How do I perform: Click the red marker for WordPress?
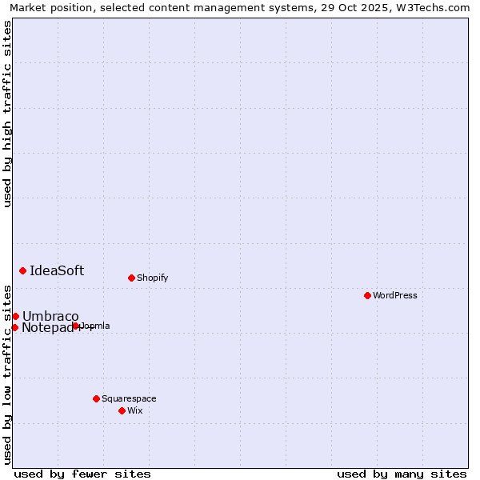click(367, 295)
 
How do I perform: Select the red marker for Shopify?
click(131, 278)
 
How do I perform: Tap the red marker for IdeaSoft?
click(22, 270)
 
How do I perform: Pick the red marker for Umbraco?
click(15, 316)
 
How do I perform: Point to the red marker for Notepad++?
click(14, 327)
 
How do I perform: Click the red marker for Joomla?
click(75, 326)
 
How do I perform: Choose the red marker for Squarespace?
click(96, 398)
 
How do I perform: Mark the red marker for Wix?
click(122, 410)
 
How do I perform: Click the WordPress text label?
click(395, 295)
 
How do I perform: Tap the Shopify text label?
click(152, 278)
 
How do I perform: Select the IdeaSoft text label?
click(57, 270)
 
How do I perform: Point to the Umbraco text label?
click(50, 316)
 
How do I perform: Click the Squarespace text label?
click(129, 398)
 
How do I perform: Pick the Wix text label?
click(134, 410)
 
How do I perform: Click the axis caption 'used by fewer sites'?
click(82, 474)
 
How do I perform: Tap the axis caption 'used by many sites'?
click(402, 474)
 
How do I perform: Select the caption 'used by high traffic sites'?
click(7, 114)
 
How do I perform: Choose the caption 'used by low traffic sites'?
click(7, 374)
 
